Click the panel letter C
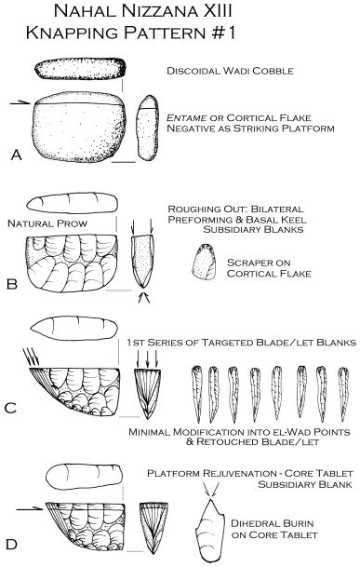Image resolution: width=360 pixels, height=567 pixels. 12,408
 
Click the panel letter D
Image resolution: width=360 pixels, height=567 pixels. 12,540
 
